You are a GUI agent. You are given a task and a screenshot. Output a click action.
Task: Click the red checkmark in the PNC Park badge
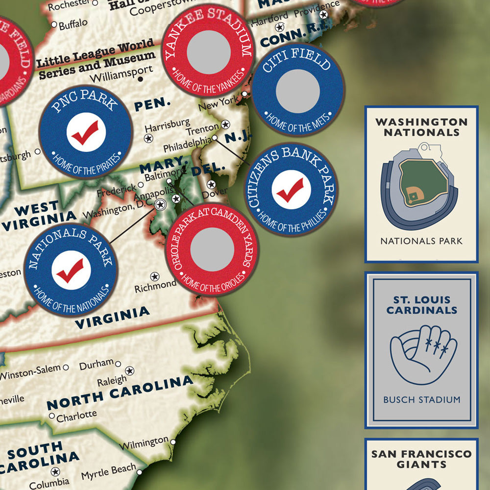pos(85,132)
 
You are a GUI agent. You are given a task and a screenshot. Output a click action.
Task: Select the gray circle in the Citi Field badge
pos(297,91)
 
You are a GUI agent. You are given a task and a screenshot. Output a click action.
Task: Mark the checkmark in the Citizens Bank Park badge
pos(291,190)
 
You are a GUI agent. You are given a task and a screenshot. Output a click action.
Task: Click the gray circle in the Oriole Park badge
pos(212,249)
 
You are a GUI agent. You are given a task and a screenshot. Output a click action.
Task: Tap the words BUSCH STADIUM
pos(421,399)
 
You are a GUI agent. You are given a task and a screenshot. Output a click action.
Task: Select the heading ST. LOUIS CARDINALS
pos(421,305)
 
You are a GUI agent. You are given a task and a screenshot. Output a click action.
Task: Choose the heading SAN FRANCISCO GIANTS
pos(421,459)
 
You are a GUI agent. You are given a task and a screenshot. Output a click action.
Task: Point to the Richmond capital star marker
pos(154,276)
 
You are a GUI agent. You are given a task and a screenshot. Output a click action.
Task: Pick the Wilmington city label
pos(145,443)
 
